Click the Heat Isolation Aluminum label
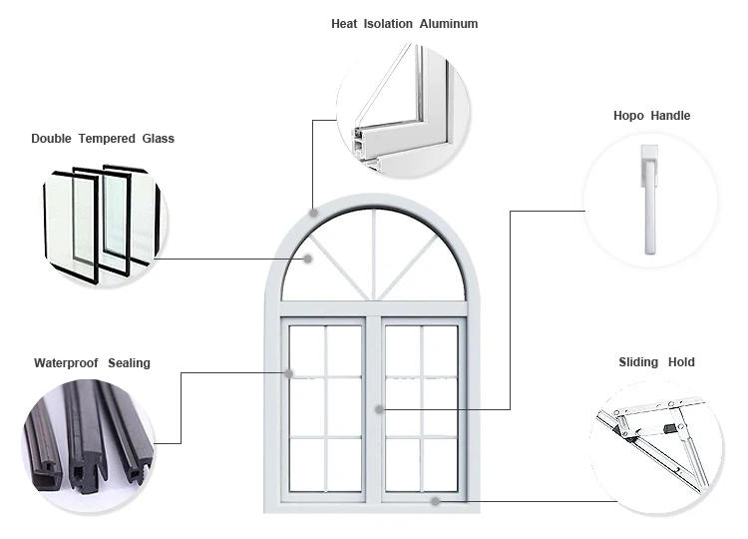(x=404, y=23)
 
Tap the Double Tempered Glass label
(x=102, y=138)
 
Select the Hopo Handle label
(x=651, y=116)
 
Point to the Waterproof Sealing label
(x=92, y=363)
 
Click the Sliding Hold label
(x=656, y=362)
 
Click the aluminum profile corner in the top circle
(x=399, y=110)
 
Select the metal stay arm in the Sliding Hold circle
(x=653, y=439)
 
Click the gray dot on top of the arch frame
(x=314, y=212)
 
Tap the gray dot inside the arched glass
(x=308, y=260)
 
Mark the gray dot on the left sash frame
(x=288, y=374)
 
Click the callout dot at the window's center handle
(x=379, y=407)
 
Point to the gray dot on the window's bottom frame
(x=436, y=501)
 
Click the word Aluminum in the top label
(x=447, y=23)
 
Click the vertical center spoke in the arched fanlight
(x=374, y=255)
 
